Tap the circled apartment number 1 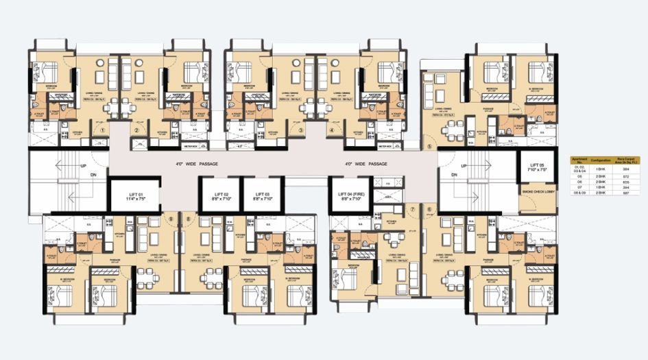coord(102,130)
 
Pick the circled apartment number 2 coord(137,130)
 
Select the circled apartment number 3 coord(300,130)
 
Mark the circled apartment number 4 coord(333,130)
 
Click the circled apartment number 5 coord(430,146)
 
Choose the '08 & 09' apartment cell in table coord(579,194)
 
